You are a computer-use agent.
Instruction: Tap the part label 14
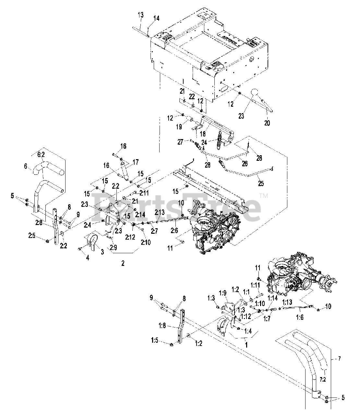pyautogui.click(x=156, y=18)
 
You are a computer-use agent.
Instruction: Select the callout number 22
pyautogui.click(x=192, y=97)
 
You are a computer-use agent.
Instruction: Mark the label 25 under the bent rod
pyautogui.click(x=260, y=184)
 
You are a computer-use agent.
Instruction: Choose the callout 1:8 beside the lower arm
pyautogui.click(x=162, y=327)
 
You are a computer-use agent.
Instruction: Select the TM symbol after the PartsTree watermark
pyautogui.click(x=264, y=196)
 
